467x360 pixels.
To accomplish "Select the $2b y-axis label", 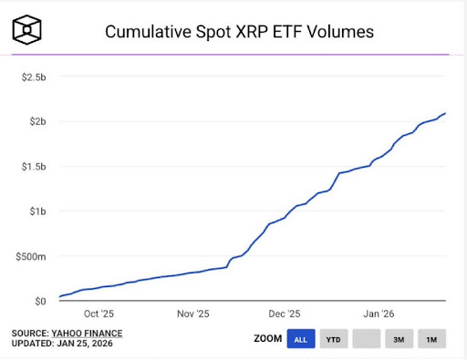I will pyautogui.click(x=37, y=121).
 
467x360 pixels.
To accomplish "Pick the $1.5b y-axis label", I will pyautogui.click(x=34, y=166).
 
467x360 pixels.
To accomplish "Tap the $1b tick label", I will pyautogui.click(x=37, y=211).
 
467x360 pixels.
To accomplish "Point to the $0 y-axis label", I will pyautogui.click(x=39, y=301).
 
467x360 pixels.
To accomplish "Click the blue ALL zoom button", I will pyautogui.click(x=300, y=339).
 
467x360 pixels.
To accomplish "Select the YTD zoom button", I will pyautogui.click(x=333, y=339).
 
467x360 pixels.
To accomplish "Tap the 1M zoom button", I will pyautogui.click(x=431, y=339).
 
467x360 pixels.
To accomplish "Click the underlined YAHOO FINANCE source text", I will pyautogui.click(x=86, y=333).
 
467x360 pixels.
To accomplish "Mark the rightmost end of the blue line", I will pyautogui.click(x=445, y=113).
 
